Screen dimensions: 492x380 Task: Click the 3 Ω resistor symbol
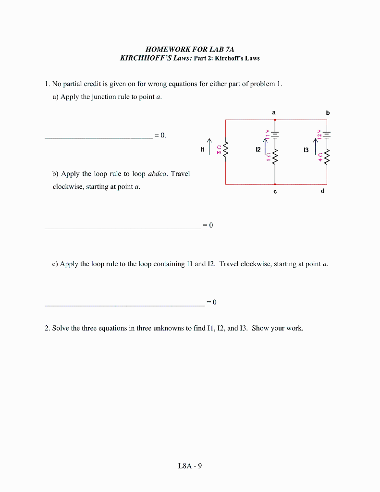point(226,150)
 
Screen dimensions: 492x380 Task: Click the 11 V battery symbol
point(275,134)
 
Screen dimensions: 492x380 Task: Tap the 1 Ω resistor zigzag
point(275,157)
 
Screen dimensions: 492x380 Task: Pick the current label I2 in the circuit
point(258,150)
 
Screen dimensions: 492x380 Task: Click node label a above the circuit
point(274,112)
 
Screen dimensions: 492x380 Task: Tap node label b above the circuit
point(328,112)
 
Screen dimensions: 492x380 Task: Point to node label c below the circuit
point(274,191)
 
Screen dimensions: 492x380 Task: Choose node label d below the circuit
point(322,191)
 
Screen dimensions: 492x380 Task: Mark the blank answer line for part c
point(124,305)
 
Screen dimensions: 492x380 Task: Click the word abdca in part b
point(158,173)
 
